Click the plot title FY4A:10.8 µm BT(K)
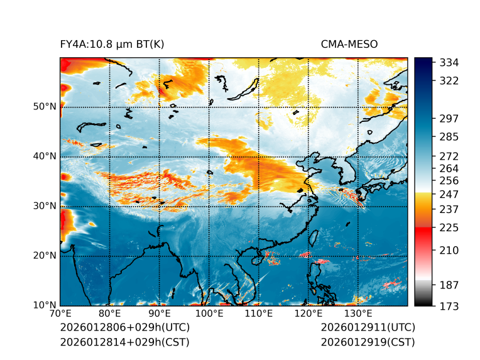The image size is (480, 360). pos(112,44)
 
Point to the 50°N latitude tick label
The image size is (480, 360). pos(45,106)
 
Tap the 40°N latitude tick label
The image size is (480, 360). pos(45,156)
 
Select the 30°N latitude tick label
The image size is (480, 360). pos(45,205)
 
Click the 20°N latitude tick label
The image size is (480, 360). pos(45,255)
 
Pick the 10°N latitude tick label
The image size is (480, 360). pos(45,305)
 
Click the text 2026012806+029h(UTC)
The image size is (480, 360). pos(124,327)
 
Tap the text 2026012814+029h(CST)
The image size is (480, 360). pos(124,342)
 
